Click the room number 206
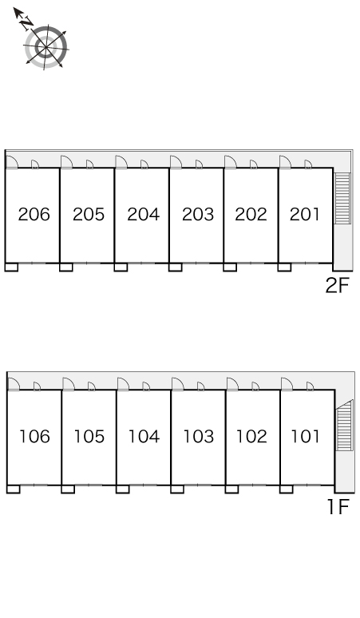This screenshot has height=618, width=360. point(34,214)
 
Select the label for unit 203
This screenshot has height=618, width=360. point(198,214)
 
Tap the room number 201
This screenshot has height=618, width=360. point(304,214)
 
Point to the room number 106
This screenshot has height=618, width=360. point(34,436)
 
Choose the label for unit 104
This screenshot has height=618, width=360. point(144,436)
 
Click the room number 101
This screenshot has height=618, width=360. point(305,436)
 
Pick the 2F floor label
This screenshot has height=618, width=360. point(338,285)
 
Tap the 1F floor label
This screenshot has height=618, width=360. point(338,507)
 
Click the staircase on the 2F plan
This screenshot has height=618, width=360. point(342,198)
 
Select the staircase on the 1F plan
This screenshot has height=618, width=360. point(344,425)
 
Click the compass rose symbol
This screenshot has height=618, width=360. point(45,47)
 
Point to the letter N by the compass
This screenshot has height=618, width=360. point(26,24)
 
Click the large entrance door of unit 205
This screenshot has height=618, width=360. point(66,162)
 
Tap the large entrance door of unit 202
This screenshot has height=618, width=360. point(231,162)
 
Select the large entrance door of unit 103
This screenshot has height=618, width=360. point(178,384)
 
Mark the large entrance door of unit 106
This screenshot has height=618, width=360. point(14,384)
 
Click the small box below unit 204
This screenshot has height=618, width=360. point(121,267)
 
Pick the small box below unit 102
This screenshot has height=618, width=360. point(231,489)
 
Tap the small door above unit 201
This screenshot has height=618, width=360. point(308,164)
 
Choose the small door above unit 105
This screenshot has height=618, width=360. point(91,386)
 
